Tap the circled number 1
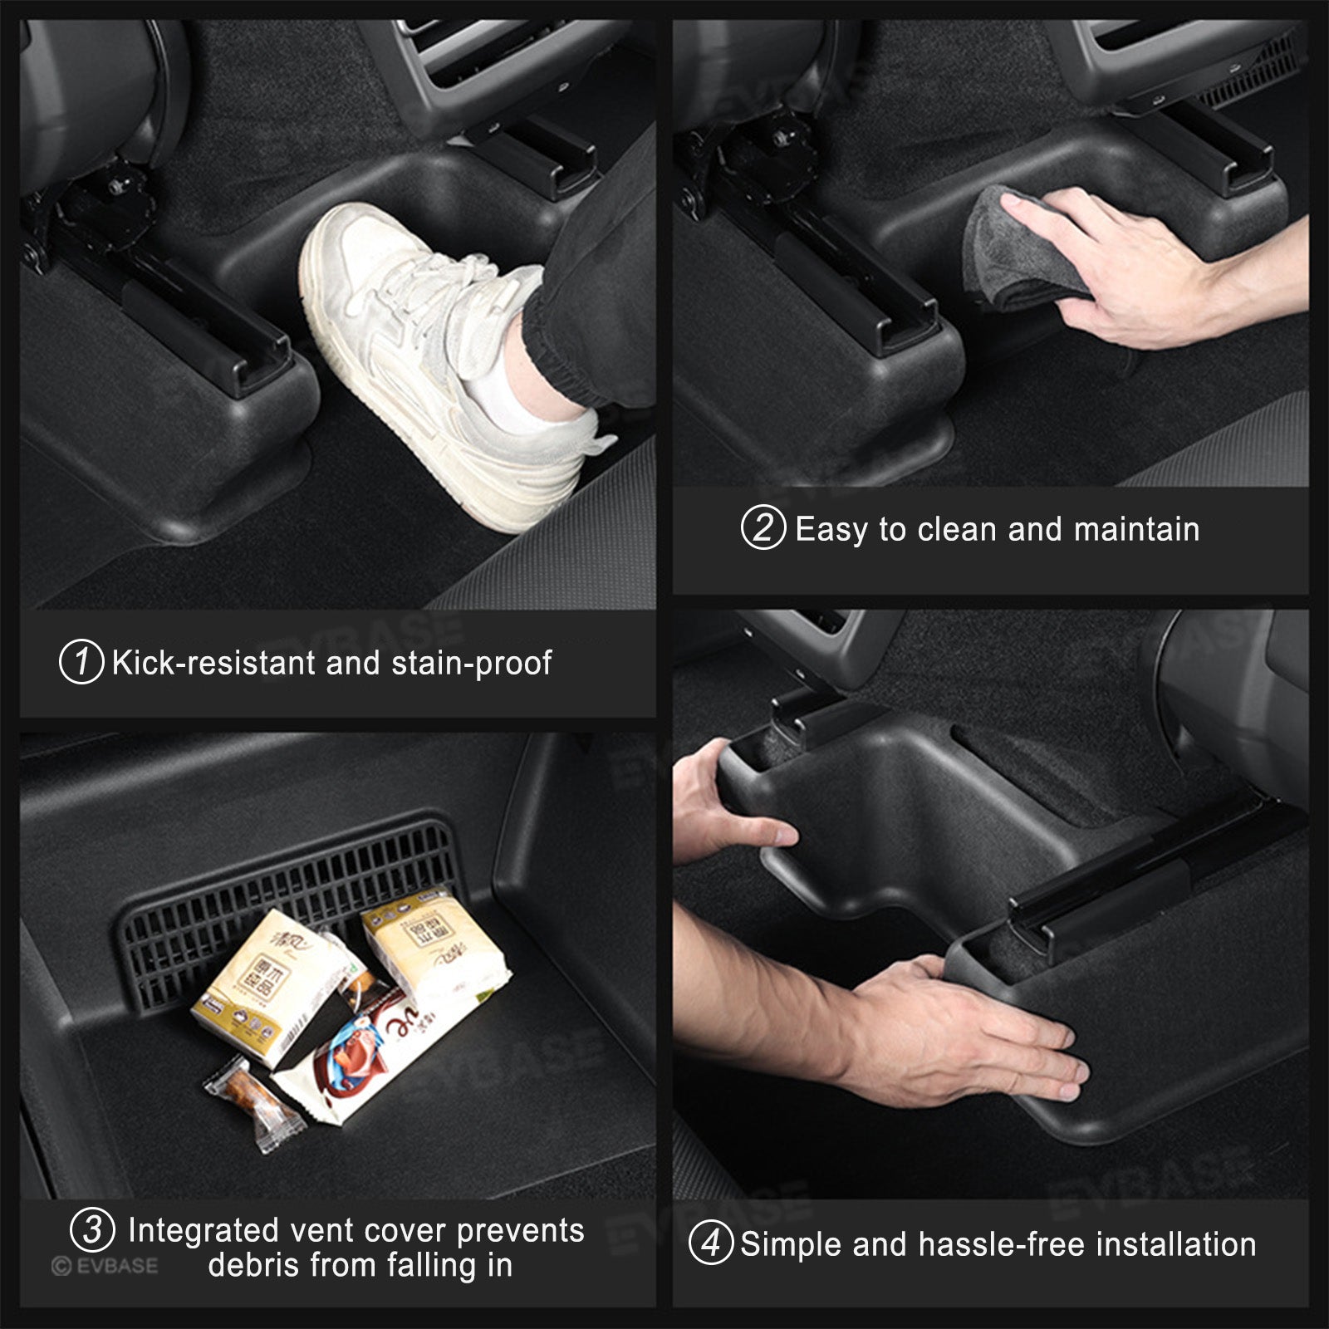click(81, 662)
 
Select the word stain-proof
click(471, 663)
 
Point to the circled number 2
click(763, 528)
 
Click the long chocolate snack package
click(374, 1055)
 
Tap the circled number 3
click(92, 1229)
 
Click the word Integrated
click(204, 1230)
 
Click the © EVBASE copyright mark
click(104, 1266)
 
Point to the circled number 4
click(711, 1243)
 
